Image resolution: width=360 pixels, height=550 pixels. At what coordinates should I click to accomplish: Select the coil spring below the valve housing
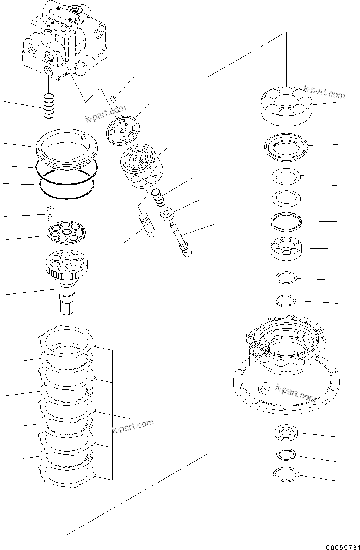click(48, 106)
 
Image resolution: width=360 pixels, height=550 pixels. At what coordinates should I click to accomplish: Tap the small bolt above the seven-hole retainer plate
click(50, 214)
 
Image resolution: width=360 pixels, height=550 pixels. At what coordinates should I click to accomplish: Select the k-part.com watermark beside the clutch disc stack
click(133, 427)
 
